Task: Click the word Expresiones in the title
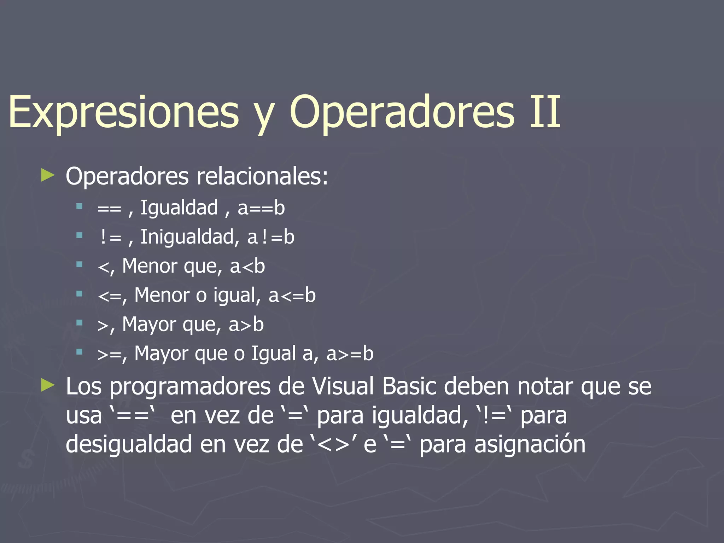[x=124, y=111]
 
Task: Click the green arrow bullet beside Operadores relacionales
[x=48, y=175]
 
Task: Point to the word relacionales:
[x=262, y=176]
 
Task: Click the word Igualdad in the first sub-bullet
[x=179, y=208]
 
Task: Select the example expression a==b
[x=261, y=208]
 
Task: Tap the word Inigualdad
[x=187, y=237]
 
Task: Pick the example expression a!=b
[x=271, y=237]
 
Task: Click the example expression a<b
[x=247, y=266]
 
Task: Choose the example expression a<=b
[x=292, y=296]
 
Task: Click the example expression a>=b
[x=350, y=354]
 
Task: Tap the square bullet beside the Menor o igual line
[x=79, y=293]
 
